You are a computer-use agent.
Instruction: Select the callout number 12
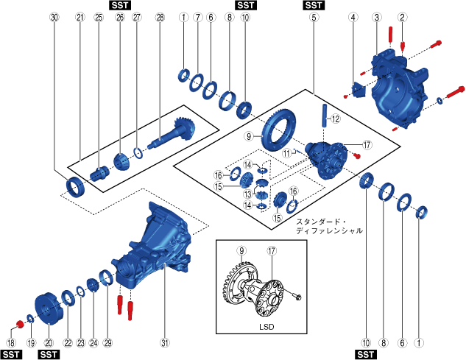click(x=334, y=118)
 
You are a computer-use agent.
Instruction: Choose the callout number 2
click(x=402, y=17)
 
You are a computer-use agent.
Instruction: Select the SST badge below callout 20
click(x=48, y=354)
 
